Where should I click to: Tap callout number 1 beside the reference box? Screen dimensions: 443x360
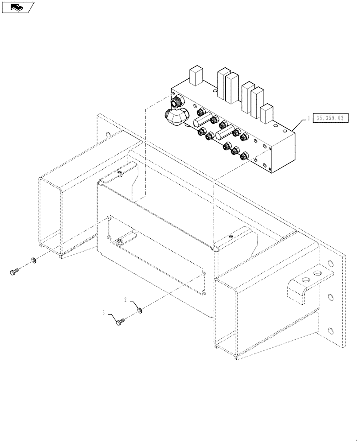tap(308, 118)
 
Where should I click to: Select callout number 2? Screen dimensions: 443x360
tap(125, 300)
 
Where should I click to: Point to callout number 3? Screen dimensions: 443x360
tap(104, 313)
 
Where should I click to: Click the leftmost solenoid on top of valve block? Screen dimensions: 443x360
tap(195, 76)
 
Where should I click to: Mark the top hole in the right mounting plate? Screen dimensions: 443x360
tap(330, 263)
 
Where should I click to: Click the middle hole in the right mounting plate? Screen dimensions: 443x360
tap(330, 296)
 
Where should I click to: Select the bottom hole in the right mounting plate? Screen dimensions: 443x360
tap(330, 329)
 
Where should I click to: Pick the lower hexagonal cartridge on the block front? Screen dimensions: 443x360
tap(224, 133)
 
